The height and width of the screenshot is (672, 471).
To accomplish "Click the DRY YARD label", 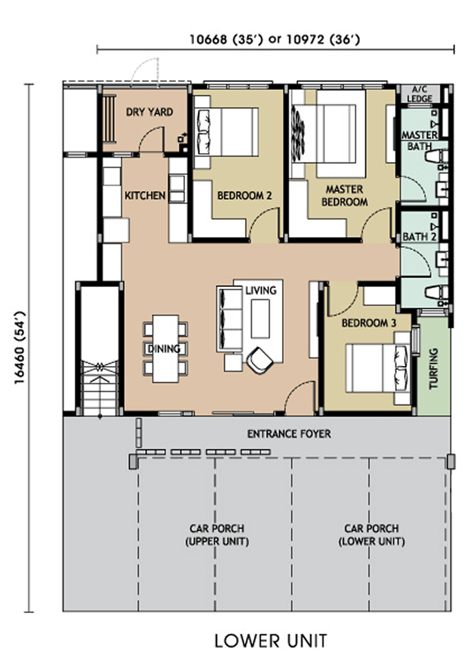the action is pos(149,112).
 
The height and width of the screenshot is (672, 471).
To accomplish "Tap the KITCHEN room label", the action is pos(145,195).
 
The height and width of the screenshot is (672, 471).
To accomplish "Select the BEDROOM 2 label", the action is pos(244,196).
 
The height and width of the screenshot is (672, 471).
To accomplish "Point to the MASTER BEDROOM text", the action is pos(344,195).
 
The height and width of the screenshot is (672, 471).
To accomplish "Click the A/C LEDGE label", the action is pos(419,94).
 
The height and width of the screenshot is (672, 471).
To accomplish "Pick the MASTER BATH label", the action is pos(420,141).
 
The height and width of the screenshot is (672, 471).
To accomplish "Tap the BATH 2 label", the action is pos(420,236).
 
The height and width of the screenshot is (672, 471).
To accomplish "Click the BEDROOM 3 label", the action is pos(369,323).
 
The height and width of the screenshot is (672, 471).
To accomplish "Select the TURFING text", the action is pos(433,368).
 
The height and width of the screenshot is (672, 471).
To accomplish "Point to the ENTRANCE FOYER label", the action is pos(289,434).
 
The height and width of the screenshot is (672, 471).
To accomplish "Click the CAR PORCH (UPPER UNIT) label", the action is pos(217,535).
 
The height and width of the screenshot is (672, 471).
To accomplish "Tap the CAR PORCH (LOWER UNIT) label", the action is pos(371,535).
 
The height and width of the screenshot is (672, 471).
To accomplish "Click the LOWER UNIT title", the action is pos(270,641).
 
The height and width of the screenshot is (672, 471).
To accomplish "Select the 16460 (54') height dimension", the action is pos(20,348).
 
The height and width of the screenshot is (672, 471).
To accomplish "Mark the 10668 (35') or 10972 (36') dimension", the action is pos(275,40).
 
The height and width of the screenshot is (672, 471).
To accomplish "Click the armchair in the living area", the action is pos(259,361).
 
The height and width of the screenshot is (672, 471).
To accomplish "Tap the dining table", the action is pos(166,348).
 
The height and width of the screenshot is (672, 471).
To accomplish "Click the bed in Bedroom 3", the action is pos(377,367).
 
